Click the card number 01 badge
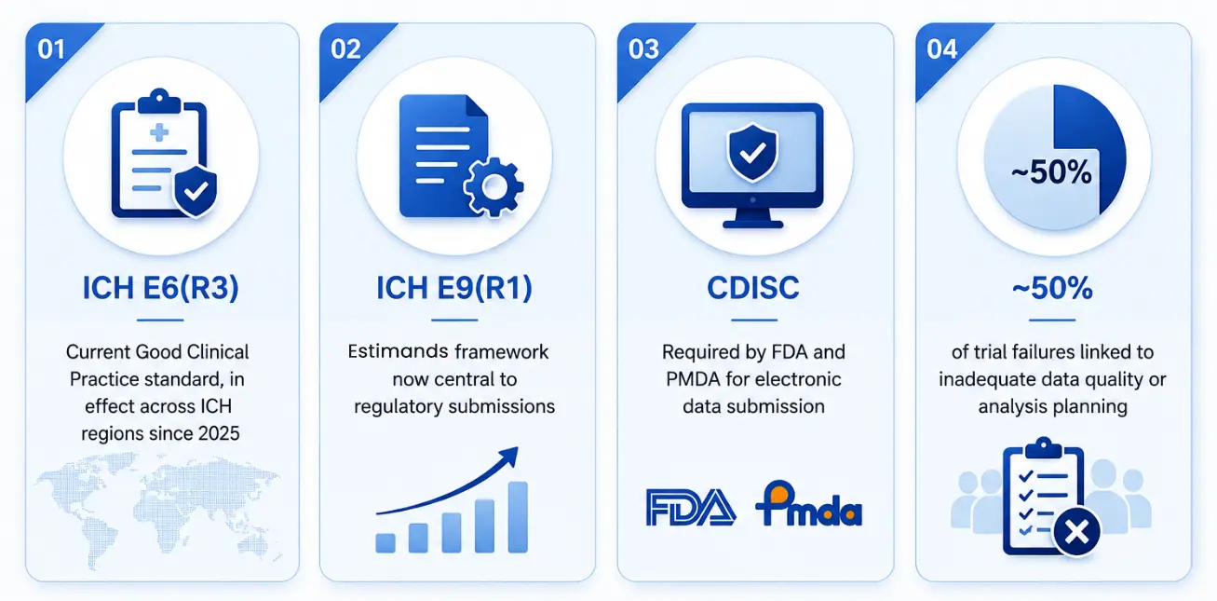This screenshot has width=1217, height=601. click(x=51, y=49)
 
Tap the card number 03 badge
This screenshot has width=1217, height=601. click(x=643, y=49)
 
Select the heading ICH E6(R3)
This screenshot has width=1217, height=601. click(x=161, y=288)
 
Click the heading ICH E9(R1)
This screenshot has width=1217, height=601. click(x=454, y=288)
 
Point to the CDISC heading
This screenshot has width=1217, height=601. click(x=753, y=288)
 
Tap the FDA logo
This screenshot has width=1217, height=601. click(x=691, y=508)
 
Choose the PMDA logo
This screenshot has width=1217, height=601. click(x=809, y=504)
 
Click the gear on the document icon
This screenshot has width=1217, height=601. click(x=494, y=187)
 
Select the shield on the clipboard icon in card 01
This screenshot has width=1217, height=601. click(x=196, y=191)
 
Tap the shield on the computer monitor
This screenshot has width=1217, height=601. click(x=752, y=152)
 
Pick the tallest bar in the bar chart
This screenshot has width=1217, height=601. click(x=518, y=517)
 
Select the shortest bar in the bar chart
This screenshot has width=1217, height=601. click(x=385, y=543)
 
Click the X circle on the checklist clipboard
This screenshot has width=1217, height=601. click(x=1076, y=532)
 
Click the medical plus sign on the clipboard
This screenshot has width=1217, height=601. click(x=159, y=132)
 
